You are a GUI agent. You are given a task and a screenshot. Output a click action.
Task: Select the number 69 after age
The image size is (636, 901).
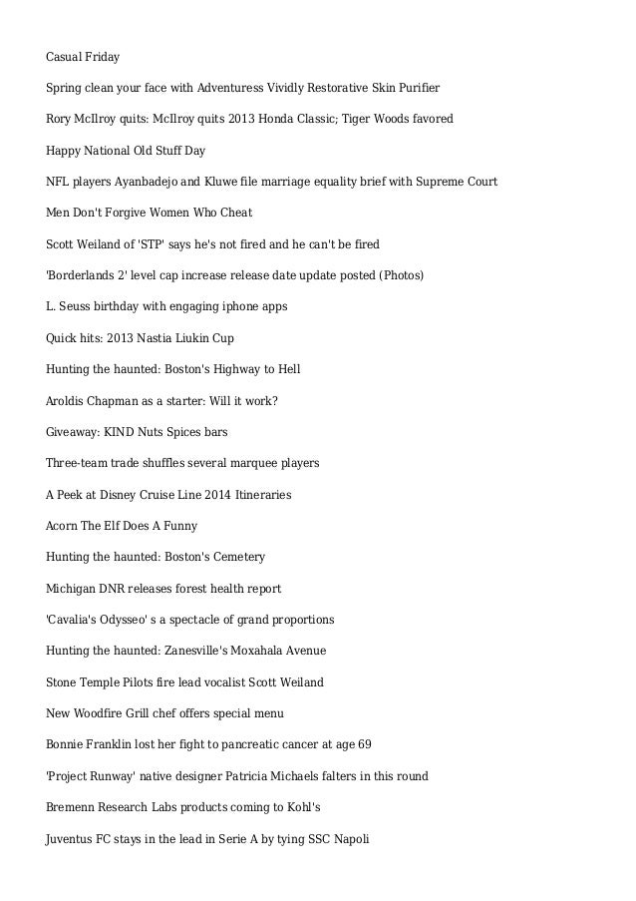coord(364,744)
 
